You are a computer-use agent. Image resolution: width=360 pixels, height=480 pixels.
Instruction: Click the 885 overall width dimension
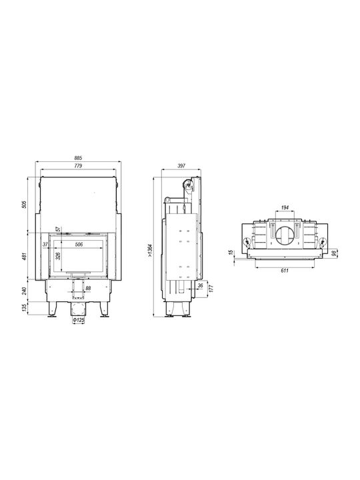(x=79, y=158)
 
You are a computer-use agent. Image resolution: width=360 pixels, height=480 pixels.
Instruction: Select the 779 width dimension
(x=79, y=165)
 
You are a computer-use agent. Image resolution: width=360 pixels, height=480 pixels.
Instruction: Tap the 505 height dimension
(x=25, y=204)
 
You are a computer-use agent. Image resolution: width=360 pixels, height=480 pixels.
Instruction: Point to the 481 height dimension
(x=25, y=256)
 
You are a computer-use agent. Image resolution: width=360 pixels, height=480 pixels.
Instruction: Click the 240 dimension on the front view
(x=25, y=291)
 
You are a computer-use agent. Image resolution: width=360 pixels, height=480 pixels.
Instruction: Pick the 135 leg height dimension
(x=25, y=307)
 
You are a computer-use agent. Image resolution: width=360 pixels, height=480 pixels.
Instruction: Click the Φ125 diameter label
(x=79, y=320)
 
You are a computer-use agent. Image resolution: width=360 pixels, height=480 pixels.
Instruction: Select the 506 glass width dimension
(x=79, y=244)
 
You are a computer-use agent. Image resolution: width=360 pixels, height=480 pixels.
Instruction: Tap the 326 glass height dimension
(x=59, y=256)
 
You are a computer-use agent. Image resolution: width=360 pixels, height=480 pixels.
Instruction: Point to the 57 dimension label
(x=57, y=229)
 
